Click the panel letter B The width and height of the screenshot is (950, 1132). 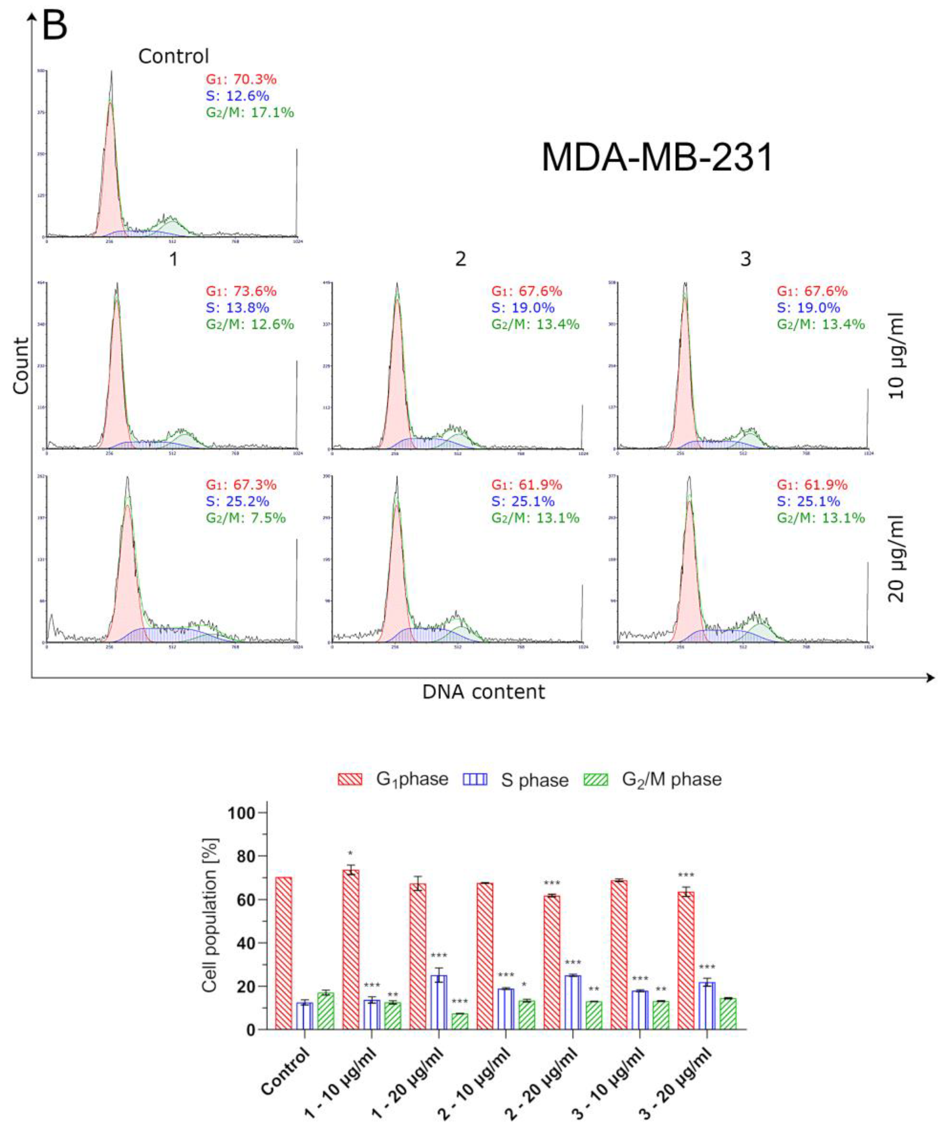tap(54, 25)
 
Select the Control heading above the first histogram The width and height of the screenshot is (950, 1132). tap(173, 56)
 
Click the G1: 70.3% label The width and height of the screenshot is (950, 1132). tap(241, 79)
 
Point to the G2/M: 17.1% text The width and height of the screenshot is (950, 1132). tap(250, 113)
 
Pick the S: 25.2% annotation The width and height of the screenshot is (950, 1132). tap(237, 501)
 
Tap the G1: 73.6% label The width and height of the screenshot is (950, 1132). tap(241, 291)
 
